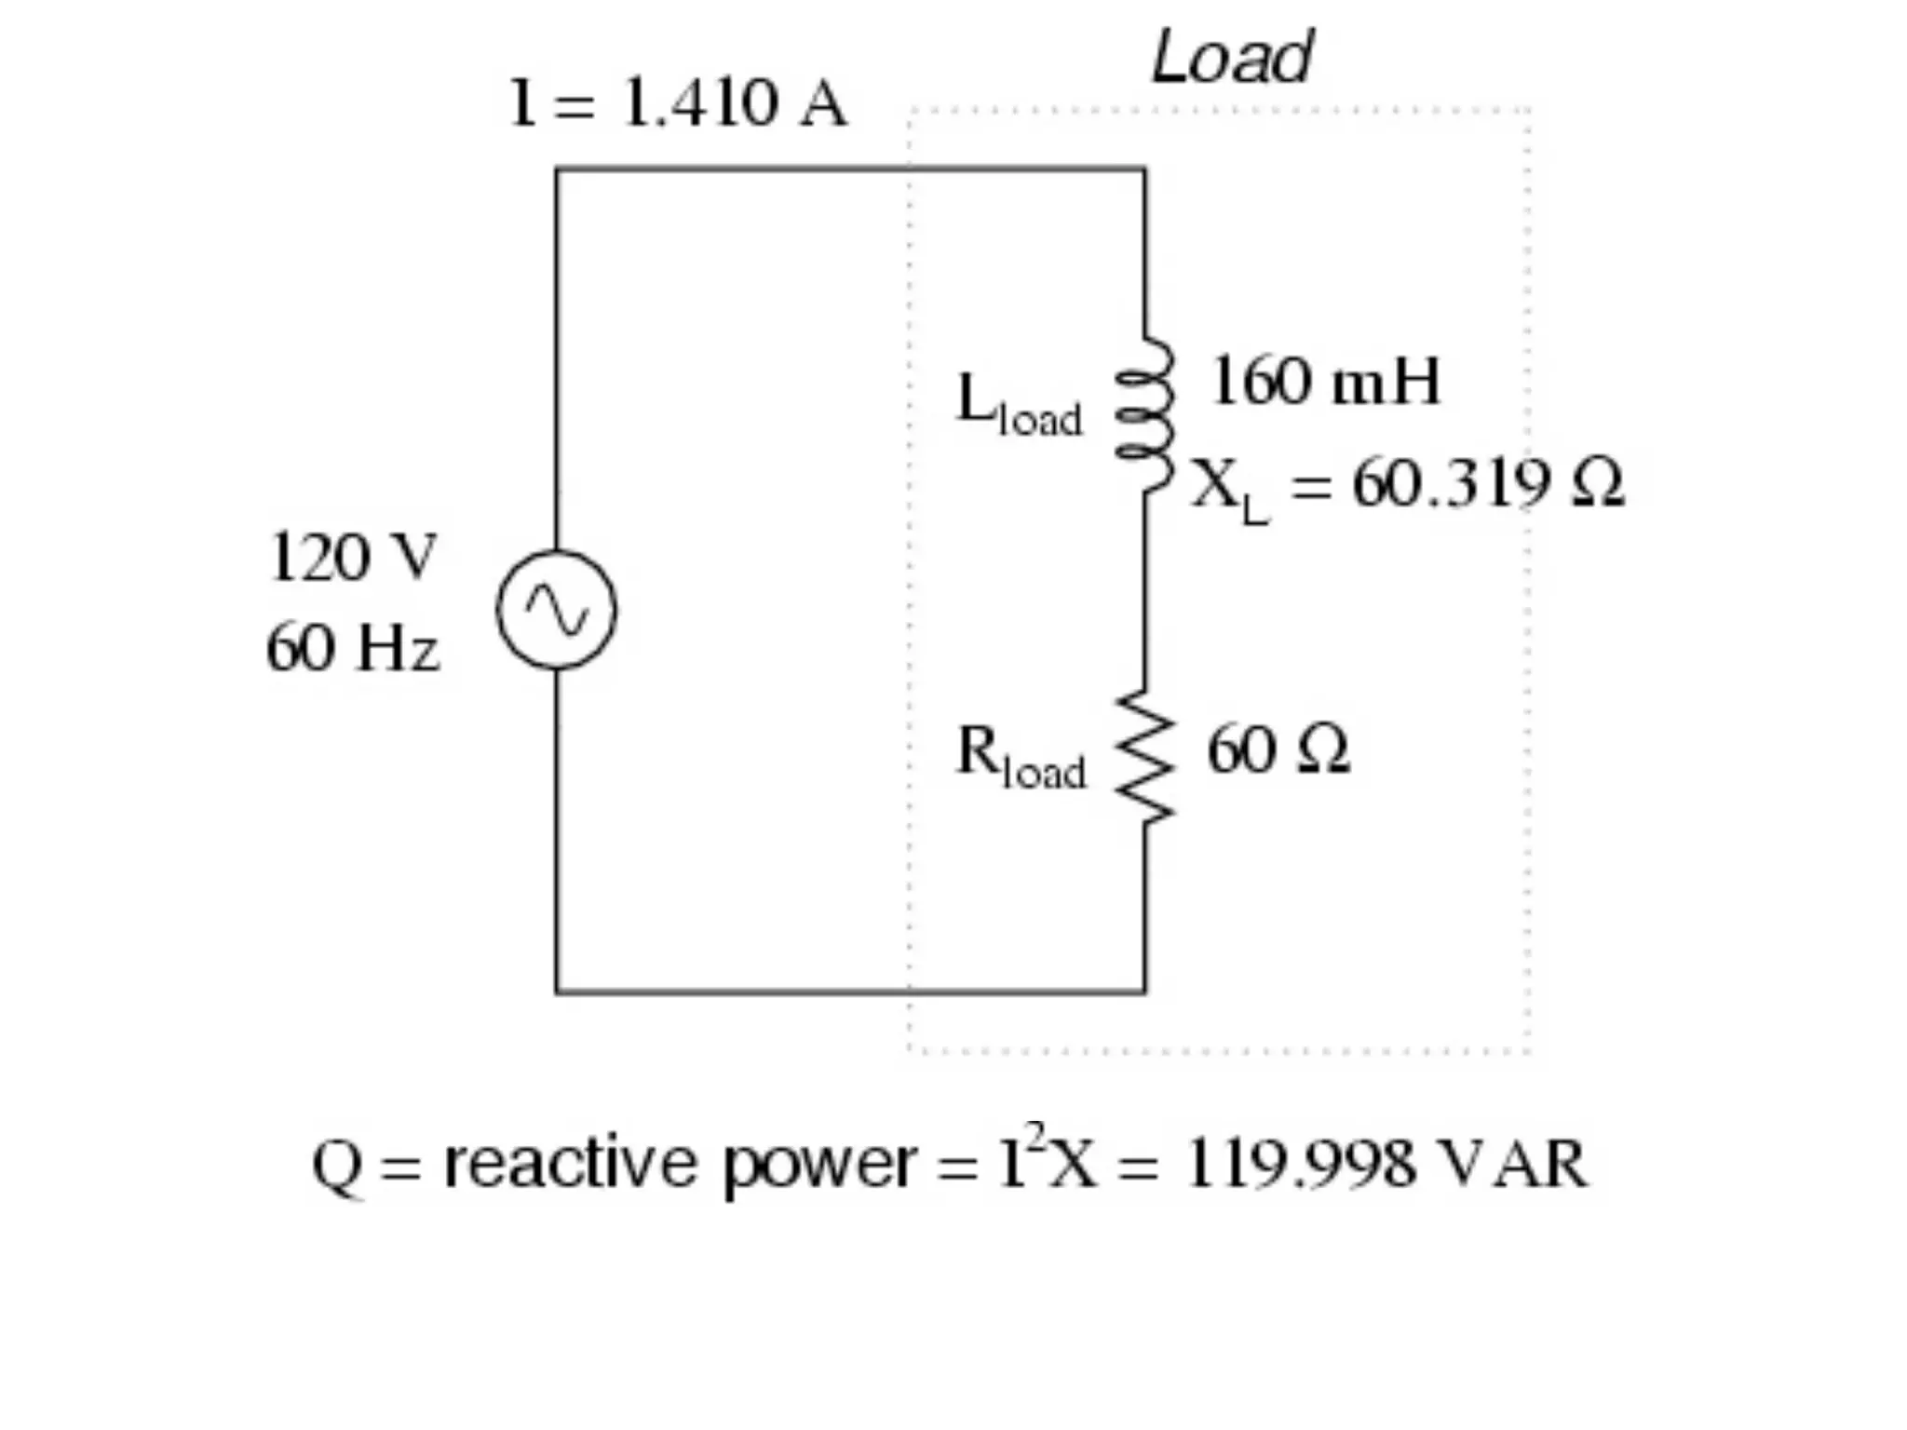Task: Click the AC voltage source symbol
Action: pyautogui.click(x=556, y=610)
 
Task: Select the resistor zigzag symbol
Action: pyautogui.click(x=1146, y=757)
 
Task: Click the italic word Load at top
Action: pyautogui.click(x=1231, y=58)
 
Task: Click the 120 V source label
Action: pyautogui.click(x=352, y=559)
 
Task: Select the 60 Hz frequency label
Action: pyautogui.click(x=352, y=648)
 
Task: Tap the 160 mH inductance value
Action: pyautogui.click(x=1325, y=382)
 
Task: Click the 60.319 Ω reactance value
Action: pyautogui.click(x=1488, y=484)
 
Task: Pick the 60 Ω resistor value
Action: pyautogui.click(x=1278, y=750)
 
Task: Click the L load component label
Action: pyautogui.click(x=1020, y=405)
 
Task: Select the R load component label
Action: pyautogui.click(x=1021, y=756)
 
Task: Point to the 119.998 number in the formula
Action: pyautogui.click(x=1301, y=1164)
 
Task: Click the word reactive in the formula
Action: pyautogui.click(x=570, y=1164)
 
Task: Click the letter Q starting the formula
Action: pyautogui.click(x=336, y=1166)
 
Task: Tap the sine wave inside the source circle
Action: pyautogui.click(x=556, y=611)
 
